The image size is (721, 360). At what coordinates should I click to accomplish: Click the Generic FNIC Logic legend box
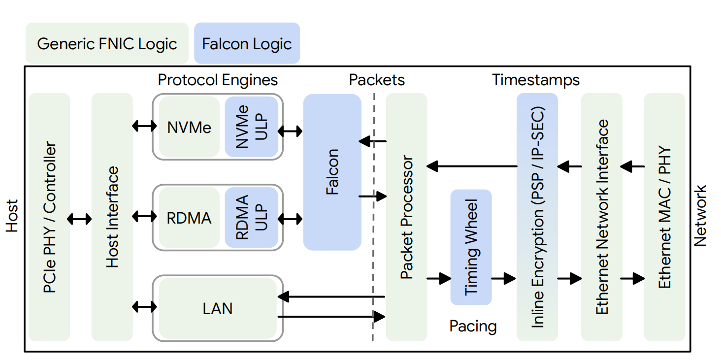pyautogui.click(x=107, y=43)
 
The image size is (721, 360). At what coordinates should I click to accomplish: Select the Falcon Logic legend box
pyautogui.click(x=247, y=43)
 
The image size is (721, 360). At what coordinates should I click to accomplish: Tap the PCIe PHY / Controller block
pyautogui.click(x=49, y=217)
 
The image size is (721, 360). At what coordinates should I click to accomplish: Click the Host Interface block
pyautogui.click(x=112, y=217)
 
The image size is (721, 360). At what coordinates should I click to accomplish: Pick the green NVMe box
pyautogui.click(x=189, y=128)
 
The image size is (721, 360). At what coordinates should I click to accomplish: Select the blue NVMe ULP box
pyautogui.click(x=251, y=127)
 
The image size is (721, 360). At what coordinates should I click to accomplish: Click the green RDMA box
pyautogui.click(x=189, y=218)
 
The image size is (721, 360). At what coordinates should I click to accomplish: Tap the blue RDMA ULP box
pyautogui.click(x=251, y=217)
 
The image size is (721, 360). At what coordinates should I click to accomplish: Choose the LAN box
pyautogui.click(x=217, y=309)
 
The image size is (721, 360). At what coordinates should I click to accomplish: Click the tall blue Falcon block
pyautogui.click(x=332, y=172)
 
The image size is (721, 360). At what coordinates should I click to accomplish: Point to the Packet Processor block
pyautogui.click(x=406, y=217)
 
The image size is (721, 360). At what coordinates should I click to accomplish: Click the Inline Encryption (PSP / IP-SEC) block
pyautogui.click(x=537, y=217)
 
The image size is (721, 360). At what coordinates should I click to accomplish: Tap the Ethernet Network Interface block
pyautogui.click(x=602, y=217)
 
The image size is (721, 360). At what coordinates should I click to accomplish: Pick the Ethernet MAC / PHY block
pyautogui.click(x=665, y=217)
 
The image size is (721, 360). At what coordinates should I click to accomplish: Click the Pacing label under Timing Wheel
pyautogui.click(x=473, y=326)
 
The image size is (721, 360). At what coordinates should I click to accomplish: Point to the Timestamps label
pyautogui.click(x=536, y=80)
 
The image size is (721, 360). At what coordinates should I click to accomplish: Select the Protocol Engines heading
pyautogui.click(x=218, y=80)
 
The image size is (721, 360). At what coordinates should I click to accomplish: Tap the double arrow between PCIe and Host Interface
pyautogui.click(x=80, y=218)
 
